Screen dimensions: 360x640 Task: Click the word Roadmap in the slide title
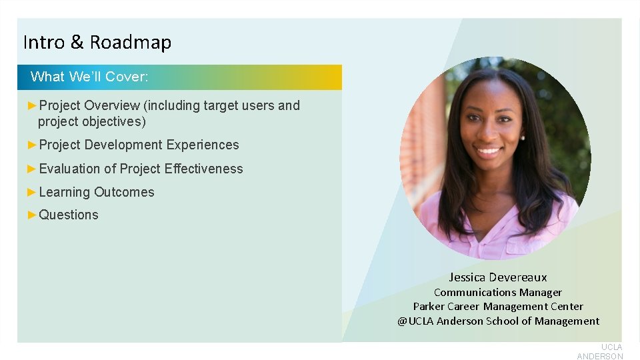131,43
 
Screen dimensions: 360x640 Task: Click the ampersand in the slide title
77,43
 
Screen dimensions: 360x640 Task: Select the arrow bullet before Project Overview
32,105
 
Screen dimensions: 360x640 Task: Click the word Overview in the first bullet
112,105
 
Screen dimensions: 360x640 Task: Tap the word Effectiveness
203,169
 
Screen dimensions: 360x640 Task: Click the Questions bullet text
69,215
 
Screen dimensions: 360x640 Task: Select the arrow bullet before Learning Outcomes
32,192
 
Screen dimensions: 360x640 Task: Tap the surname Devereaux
518,277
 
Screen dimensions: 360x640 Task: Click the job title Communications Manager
498,292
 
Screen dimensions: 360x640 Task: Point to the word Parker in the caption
429,307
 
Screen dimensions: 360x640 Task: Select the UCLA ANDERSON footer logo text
600,351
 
